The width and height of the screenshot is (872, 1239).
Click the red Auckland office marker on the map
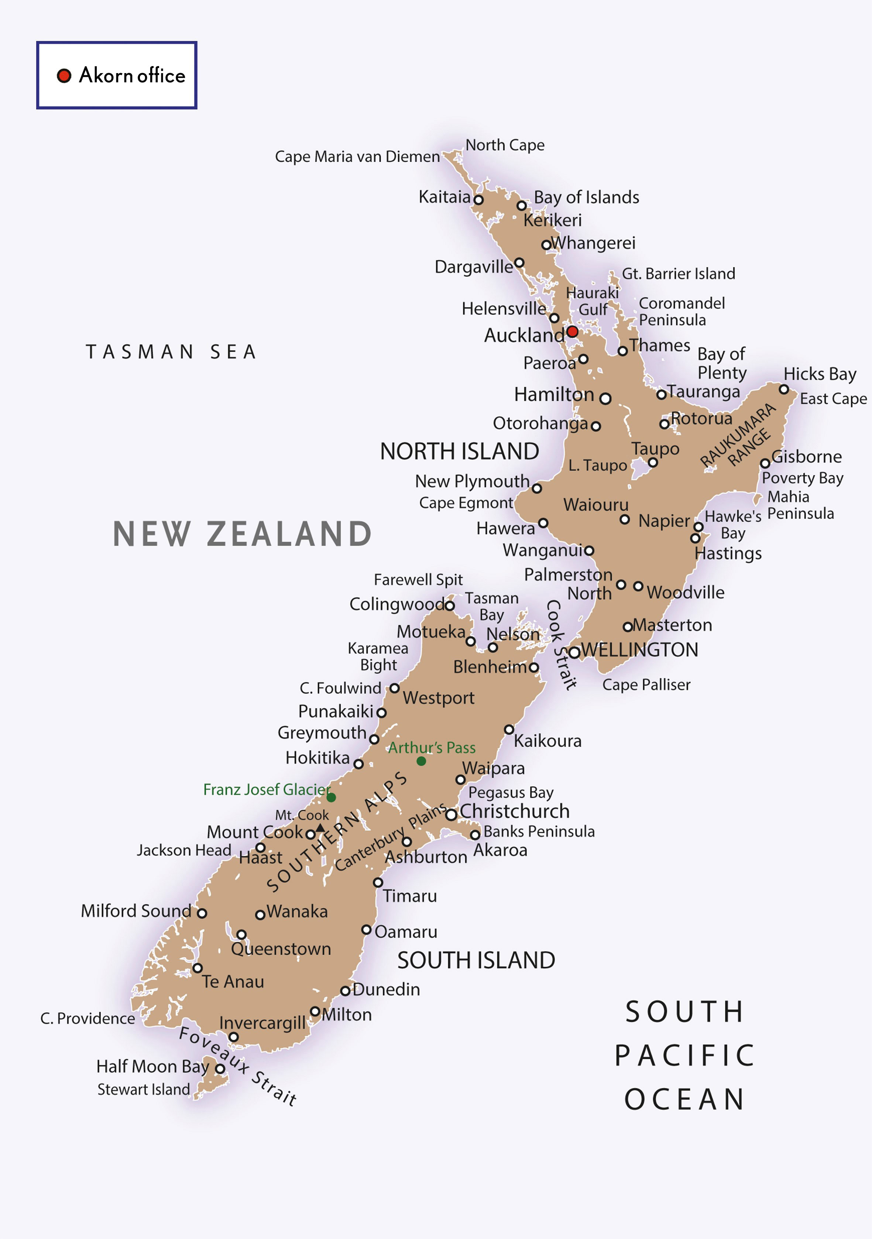573,331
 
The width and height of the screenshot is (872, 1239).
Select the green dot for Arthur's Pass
421,761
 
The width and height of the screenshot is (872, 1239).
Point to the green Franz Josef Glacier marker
331,797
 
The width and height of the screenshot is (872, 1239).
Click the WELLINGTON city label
639,650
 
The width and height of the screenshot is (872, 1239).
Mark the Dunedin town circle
345,991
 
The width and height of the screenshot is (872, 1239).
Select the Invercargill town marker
234,1037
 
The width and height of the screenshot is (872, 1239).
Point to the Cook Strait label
561,645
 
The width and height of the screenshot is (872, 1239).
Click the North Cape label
505,145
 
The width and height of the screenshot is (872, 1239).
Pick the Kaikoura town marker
509,730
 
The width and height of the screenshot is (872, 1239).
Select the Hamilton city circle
605,399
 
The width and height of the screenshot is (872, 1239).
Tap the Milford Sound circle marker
202,913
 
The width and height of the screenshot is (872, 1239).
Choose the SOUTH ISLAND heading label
476,961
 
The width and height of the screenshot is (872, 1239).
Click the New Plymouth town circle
537,488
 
